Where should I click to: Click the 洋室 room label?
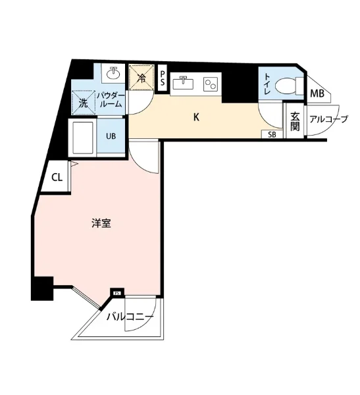coord(101,223)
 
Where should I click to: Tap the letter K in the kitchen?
coord(196,117)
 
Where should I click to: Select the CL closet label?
coord(57,178)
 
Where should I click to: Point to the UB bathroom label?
coord(111,136)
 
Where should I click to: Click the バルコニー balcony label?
coord(130,317)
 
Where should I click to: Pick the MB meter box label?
coord(317,93)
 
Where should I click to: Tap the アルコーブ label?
coord(328,119)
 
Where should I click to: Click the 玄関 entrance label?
coord(295,121)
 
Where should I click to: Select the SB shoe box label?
coord(272,134)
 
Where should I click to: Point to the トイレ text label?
coord(267,84)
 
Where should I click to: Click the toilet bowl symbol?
coord(289,86)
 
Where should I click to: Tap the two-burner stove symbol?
coord(211,84)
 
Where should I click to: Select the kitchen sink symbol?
coord(184,83)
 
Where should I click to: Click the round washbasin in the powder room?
coord(114,73)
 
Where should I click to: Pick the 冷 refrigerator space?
coord(141,77)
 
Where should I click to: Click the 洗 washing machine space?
coord(84,103)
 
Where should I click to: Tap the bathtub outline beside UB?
coord(83,138)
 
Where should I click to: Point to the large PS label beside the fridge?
coord(163,78)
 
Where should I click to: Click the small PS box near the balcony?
coord(117,293)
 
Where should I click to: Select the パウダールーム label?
coord(111,100)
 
